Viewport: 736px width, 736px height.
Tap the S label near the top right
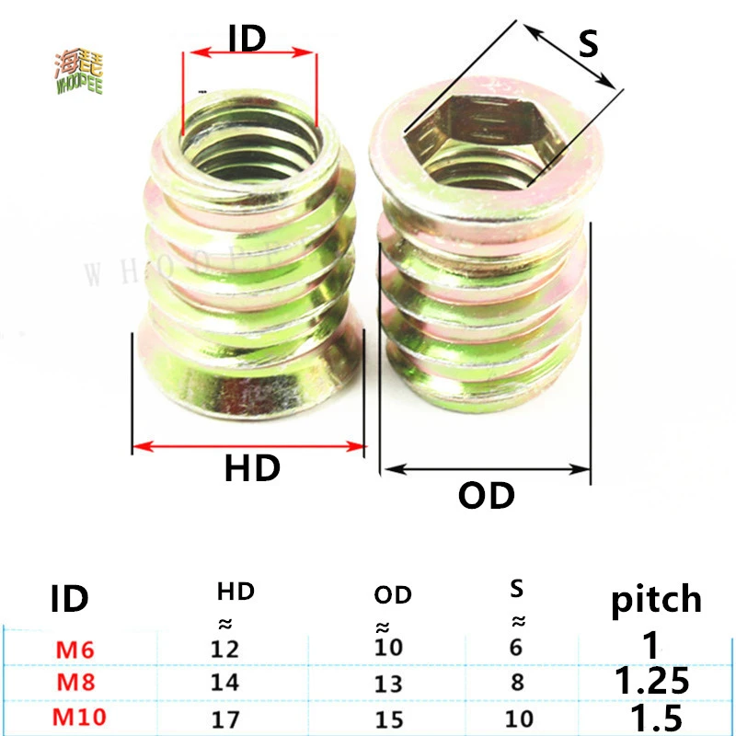click(588, 42)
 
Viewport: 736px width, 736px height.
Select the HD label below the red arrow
click(252, 469)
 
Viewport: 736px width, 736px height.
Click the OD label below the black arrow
click(486, 496)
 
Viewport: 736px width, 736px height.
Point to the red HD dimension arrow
click(249, 447)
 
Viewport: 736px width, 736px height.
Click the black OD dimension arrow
click(486, 469)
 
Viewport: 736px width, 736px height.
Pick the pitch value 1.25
click(651, 681)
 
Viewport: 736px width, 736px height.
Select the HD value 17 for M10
click(224, 716)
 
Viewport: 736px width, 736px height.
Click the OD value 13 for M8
click(388, 682)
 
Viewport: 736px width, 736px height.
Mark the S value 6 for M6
click(515, 648)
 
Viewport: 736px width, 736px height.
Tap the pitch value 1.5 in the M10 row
click(651, 716)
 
